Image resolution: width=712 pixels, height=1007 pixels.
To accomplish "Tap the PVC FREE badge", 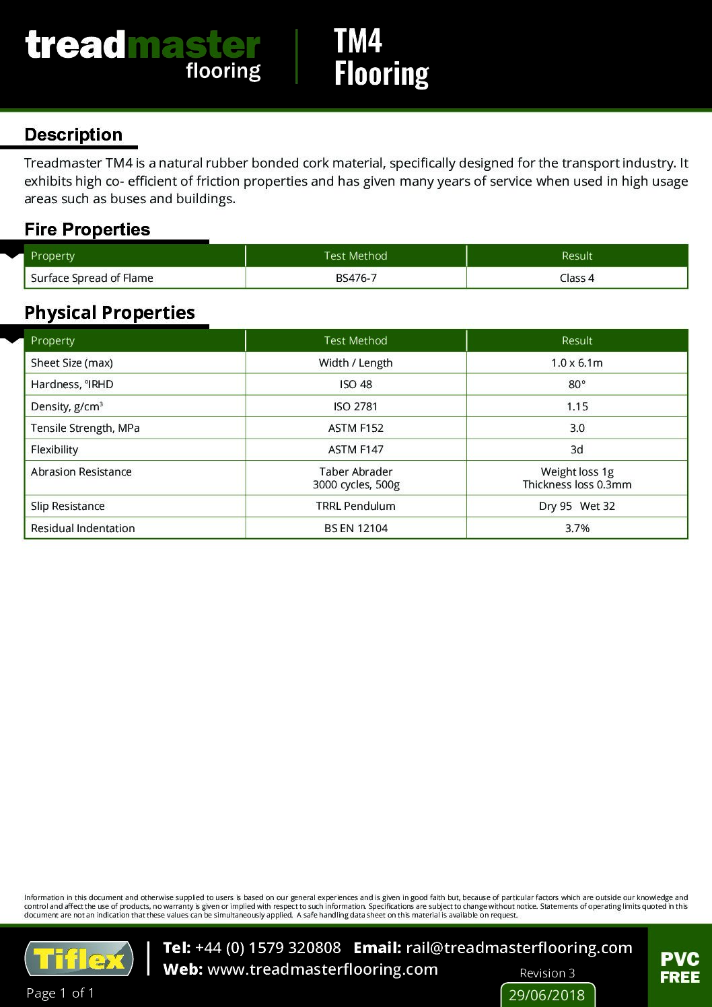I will (x=680, y=967).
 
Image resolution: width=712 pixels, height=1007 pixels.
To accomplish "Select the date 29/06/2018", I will (x=547, y=995).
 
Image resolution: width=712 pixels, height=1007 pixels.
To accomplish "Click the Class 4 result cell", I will (x=577, y=278).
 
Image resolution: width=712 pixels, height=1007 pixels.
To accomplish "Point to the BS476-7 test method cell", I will (x=356, y=278).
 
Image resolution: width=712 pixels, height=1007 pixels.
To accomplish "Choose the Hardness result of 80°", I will (x=577, y=384).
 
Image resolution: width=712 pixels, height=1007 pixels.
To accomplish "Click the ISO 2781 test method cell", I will (x=356, y=406).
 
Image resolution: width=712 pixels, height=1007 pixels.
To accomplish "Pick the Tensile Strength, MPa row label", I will (x=85, y=428).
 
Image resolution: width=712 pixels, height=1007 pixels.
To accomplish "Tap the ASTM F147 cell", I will (x=356, y=449).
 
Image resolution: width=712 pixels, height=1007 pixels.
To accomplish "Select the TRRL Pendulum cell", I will (x=356, y=506).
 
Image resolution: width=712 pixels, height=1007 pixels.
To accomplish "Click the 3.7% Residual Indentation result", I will (x=577, y=528).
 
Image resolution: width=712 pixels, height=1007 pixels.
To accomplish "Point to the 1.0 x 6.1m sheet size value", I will (x=577, y=363).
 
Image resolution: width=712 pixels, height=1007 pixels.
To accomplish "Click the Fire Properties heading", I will (x=87, y=229).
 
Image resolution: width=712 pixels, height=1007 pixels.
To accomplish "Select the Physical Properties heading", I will (x=110, y=313).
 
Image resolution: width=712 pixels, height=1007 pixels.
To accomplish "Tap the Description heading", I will (x=73, y=135).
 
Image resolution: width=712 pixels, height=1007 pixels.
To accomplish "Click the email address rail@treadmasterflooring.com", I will (x=519, y=948).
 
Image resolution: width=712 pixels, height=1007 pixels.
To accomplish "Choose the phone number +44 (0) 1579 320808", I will (x=268, y=948).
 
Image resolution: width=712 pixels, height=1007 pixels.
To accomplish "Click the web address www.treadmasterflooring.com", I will (x=322, y=969).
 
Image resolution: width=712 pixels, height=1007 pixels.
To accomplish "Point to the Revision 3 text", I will (x=547, y=973).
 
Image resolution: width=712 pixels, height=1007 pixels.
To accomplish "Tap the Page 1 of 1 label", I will (x=61, y=993).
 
